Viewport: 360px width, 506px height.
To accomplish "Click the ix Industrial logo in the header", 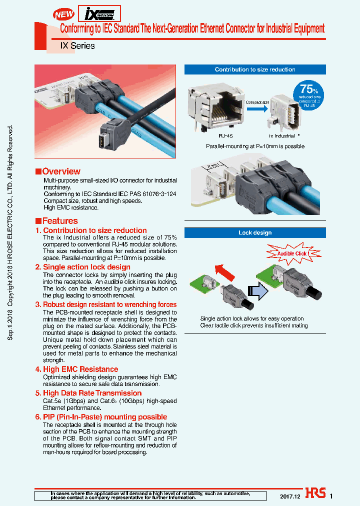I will click(99, 12).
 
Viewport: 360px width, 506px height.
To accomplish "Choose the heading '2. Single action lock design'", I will click(82, 267).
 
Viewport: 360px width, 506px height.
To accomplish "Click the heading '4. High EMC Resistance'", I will click(76, 369).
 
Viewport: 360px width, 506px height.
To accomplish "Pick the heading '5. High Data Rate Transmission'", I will click(88, 393).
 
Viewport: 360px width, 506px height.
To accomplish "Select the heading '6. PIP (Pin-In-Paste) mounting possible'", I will click(101, 417).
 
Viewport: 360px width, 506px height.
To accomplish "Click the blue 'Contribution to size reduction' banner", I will click(255, 69).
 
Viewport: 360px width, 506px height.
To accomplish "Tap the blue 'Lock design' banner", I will click(255, 232).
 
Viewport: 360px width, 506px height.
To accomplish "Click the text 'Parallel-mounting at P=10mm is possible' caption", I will click(255, 146).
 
